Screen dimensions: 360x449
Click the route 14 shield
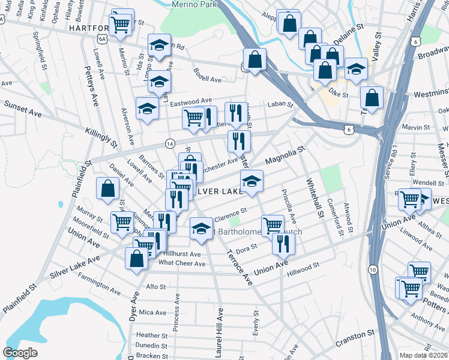coord(169,144)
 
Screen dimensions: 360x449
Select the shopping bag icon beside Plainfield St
coord(107,188)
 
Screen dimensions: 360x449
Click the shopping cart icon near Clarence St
coord(273,224)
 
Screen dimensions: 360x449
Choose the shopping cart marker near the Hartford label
coord(121,24)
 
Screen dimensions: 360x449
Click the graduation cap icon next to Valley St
coord(356,69)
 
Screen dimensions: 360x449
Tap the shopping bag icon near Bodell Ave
coord(255,59)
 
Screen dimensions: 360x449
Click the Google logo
coord(20,353)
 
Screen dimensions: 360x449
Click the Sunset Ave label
coord(23,108)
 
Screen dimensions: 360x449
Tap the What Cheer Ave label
coord(182,263)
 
